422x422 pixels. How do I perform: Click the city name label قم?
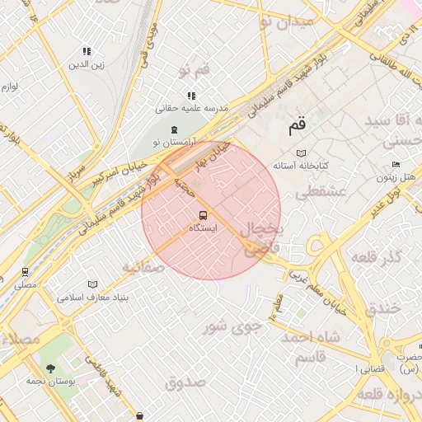click(x=297, y=127)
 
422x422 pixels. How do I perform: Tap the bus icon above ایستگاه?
click(x=204, y=216)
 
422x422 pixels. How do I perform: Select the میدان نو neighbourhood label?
click(x=288, y=21)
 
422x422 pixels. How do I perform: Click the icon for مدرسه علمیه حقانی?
click(x=191, y=96)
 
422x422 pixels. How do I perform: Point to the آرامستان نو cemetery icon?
click(x=173, y=130)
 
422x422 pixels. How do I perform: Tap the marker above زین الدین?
click(x=87, y=52)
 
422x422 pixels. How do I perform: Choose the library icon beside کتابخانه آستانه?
click(x=301, y=153)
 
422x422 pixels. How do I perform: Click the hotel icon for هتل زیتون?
click(x=396, y=165)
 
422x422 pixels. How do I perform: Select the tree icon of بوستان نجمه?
click(x=51, y=368)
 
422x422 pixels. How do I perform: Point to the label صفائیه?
click(x=143, y=268)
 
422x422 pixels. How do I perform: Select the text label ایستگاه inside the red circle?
click(x=203, y=228)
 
